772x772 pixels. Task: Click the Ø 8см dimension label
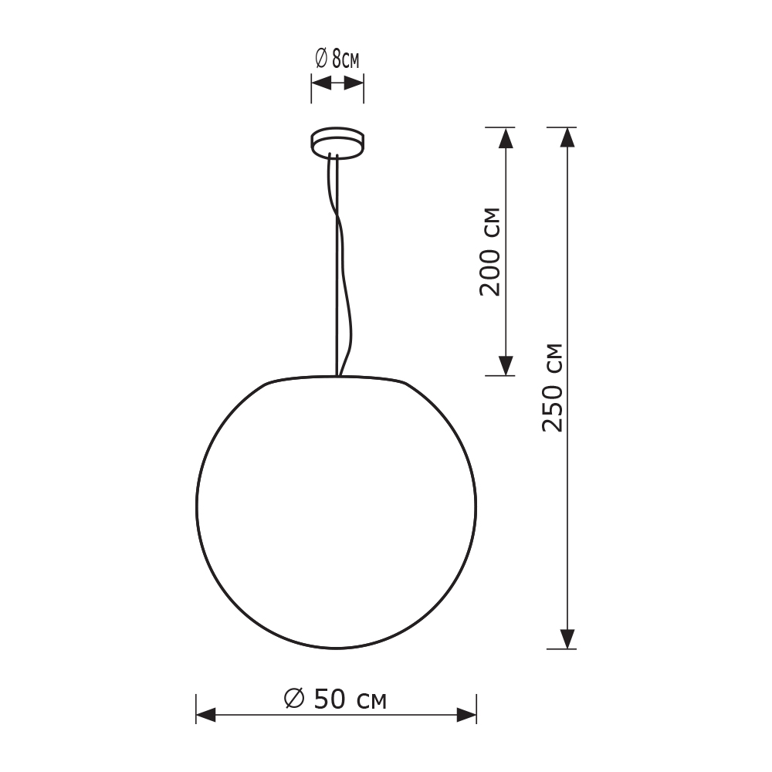pos(337,59)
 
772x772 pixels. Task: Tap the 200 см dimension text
pos(490,251)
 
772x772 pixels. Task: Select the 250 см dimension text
pos(553,387)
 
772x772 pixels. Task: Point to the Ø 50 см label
pos(335,699)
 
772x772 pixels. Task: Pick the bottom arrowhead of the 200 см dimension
pos(506,365)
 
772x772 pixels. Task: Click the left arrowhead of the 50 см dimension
pos(206,716)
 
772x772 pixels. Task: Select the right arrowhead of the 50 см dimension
pos(466,716)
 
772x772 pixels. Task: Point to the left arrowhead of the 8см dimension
pos(320,83)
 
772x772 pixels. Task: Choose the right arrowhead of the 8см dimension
pos(354,83)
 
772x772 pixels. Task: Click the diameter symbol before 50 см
pos(294,699)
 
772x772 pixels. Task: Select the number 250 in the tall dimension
pos(553,405)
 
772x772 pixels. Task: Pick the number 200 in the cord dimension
pos(490,270)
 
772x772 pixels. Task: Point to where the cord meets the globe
pos(337,376)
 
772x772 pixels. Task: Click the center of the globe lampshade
pos(337,512)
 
